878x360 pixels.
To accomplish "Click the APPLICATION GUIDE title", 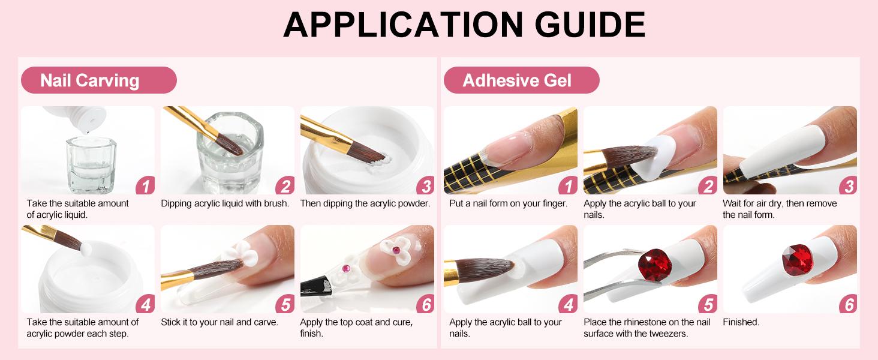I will [464, 25].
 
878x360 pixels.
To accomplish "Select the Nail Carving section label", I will [90, 80].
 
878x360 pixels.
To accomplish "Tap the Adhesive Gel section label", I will [517, 80].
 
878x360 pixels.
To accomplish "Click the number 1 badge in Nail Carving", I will [145, 185].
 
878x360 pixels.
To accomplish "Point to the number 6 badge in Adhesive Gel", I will [848, 304].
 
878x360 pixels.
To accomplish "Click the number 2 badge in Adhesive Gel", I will [708, 185].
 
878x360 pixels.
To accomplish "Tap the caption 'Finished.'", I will [741, 322].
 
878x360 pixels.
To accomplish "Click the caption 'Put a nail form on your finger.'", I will [508, 203].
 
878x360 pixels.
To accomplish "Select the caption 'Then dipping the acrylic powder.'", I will [365, 203].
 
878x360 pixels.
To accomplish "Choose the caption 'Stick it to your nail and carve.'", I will [220, 322].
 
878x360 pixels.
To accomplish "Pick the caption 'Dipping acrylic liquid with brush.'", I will [225, 203].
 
